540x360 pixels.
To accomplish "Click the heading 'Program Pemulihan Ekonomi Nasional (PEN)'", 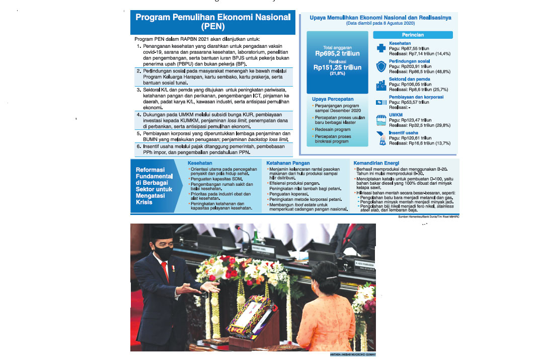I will [213, 22].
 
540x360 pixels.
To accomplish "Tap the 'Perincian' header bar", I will [413, 35].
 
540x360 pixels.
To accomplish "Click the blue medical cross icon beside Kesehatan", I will [381, 48].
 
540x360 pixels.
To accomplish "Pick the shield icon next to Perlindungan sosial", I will [381, 66].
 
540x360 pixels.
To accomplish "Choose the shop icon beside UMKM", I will [381, 120].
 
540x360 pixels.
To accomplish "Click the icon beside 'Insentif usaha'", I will [381, 137].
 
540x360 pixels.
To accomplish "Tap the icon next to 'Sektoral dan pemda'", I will [381, 85].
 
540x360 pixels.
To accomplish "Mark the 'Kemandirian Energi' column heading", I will [377, 163].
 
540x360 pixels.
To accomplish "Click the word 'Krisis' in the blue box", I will [144, 202].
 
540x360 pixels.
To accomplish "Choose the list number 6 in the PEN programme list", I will [138, 146].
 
